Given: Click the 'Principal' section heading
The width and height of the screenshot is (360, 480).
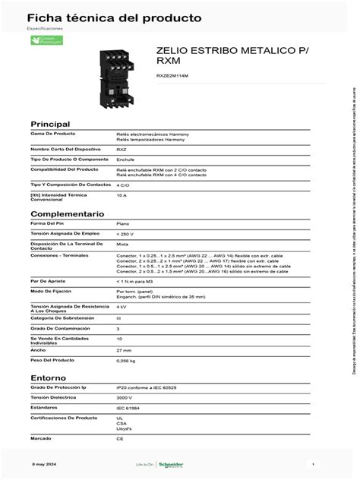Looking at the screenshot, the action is click(50, 124).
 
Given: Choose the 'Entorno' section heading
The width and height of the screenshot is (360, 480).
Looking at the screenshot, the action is click(48, 377).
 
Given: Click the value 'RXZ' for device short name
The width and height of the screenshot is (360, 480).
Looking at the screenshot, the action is click(122, 150).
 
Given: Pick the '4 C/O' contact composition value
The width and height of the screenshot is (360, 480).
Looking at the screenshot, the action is click(123, 185).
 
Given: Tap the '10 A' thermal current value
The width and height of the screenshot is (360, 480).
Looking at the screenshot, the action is click(122, 195).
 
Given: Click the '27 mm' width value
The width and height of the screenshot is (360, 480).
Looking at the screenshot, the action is click(124, 350).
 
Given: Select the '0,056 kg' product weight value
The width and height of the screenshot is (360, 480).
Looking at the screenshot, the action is click(126, 362).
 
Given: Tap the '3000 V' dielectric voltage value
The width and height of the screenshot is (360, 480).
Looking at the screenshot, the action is click(125, 396).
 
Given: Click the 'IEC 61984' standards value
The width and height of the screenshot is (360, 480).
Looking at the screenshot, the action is click(127, 407).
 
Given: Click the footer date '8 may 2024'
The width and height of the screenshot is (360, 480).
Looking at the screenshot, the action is click(43, 463).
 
